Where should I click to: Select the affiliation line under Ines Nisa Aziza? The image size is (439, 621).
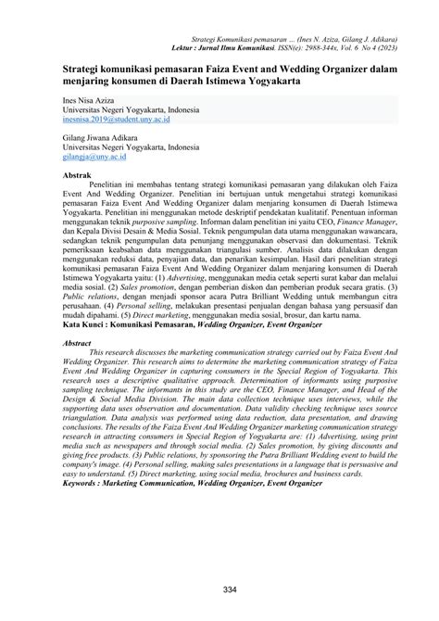[x=131, y=109]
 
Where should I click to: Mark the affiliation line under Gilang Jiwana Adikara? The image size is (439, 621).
[x=131, y=147]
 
